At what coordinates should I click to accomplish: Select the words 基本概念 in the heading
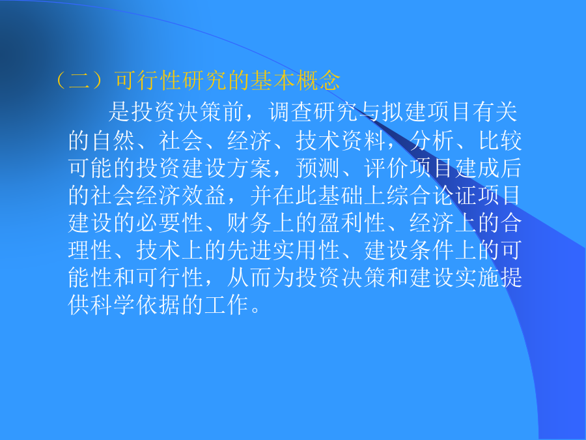point(295,80)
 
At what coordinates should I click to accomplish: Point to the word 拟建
point(404,111)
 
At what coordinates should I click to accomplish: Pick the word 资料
point(363,141)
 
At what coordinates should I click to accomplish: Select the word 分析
point(432,141)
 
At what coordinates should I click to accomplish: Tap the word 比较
point(500,141)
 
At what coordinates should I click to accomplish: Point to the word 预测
point(318,168)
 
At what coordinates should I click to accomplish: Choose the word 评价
point(386,168)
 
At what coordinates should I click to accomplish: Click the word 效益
point(204,196)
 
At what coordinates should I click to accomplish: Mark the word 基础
point(341,196)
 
